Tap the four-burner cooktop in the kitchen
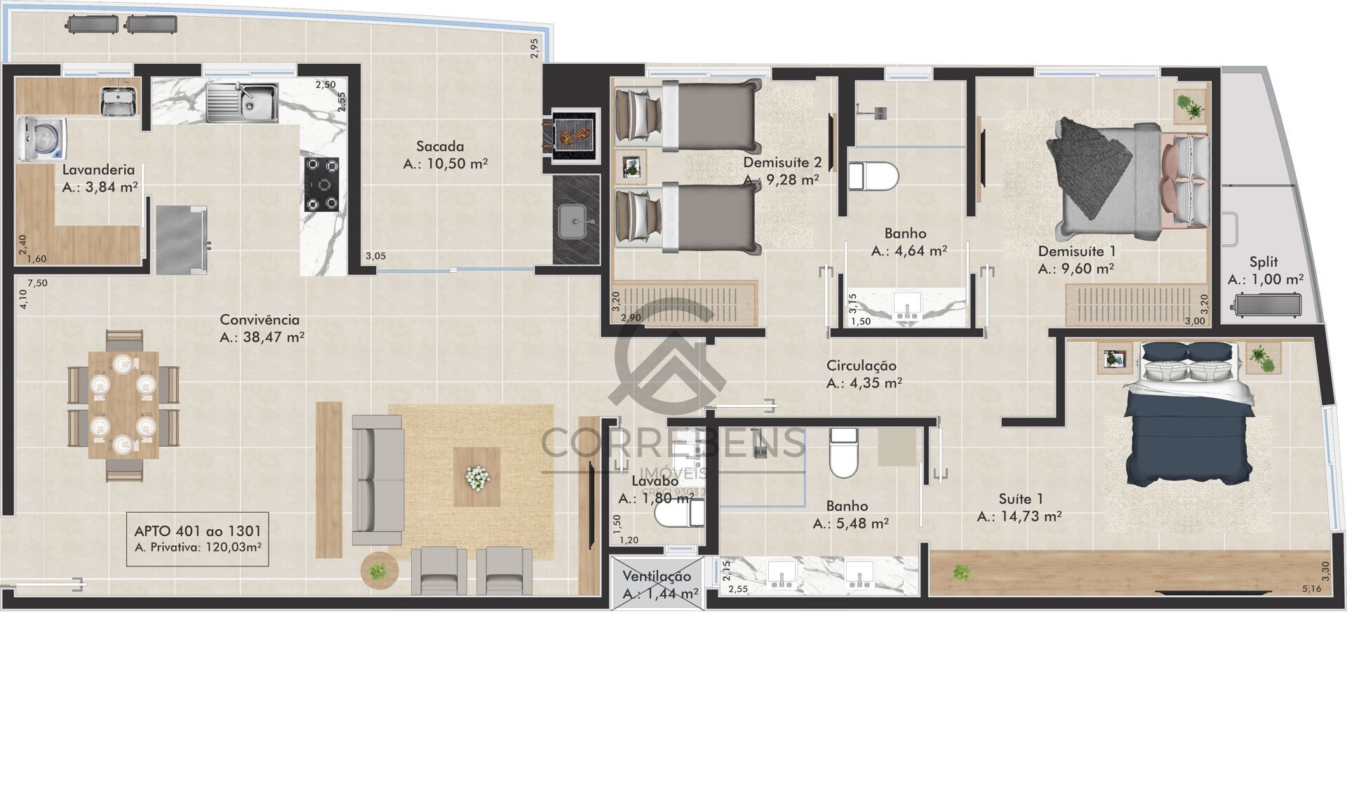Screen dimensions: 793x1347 pos(321,185)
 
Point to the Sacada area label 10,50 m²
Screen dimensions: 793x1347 pos(445,164)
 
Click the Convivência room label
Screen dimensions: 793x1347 pos(260,319)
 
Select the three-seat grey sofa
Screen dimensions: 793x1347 pos(377,480)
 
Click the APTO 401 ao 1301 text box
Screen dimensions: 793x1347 pos(197,539)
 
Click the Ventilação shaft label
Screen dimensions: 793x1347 pos(657,576)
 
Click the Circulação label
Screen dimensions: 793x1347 pos(861,365)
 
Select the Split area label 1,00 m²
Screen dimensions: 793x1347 pos(1266,279)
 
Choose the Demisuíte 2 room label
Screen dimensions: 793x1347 pos(782,163)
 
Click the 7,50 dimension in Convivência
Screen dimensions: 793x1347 pos(37,284)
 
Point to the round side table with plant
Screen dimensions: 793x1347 pos(379,571)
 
